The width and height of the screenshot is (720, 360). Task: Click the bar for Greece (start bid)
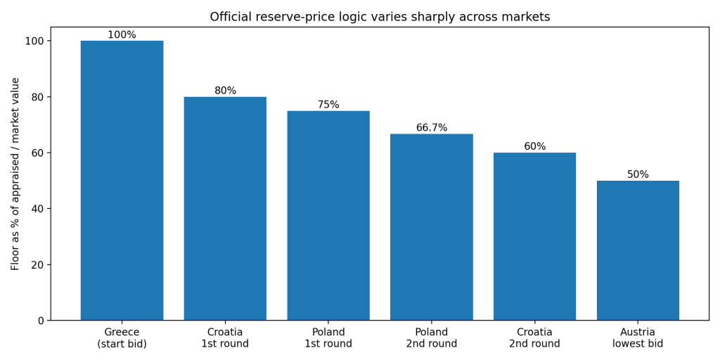click(x=122, y=181)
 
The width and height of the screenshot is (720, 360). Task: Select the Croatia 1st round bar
click(x=225, y=209)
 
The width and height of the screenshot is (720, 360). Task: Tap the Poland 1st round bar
click(x=328, y=216)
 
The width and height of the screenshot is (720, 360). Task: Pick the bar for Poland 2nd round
click(x=432, y=227)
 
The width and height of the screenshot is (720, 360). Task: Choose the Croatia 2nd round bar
click(x=534, y=237)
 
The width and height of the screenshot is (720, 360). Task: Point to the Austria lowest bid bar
click(x=638, y=251)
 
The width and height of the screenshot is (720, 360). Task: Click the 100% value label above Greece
click(x=122, y=35)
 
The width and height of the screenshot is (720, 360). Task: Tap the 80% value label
click(x=225, y=91)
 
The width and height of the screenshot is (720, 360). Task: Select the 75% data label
click(x=328, y=105)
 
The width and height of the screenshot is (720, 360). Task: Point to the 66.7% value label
click(x=432, y=128)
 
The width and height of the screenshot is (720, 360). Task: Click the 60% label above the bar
click(x=534, y=147)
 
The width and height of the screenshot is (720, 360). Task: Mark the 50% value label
click(x=638, y=175)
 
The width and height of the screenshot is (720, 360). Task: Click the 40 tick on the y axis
click(x=37, y=209)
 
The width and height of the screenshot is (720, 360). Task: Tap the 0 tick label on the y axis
click(x=41, y=321)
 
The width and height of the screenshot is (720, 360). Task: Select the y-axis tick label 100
click(x=34, y=41)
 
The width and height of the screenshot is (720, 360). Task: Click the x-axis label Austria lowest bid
click(x=638, y=338)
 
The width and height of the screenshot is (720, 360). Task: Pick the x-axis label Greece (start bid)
click(x=122, y=338)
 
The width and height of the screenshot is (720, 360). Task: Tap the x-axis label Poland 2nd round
click(x=432, y=338)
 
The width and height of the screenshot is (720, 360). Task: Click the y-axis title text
click(x=15, y=174)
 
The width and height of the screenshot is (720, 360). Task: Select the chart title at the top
click(x=380, y=17)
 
